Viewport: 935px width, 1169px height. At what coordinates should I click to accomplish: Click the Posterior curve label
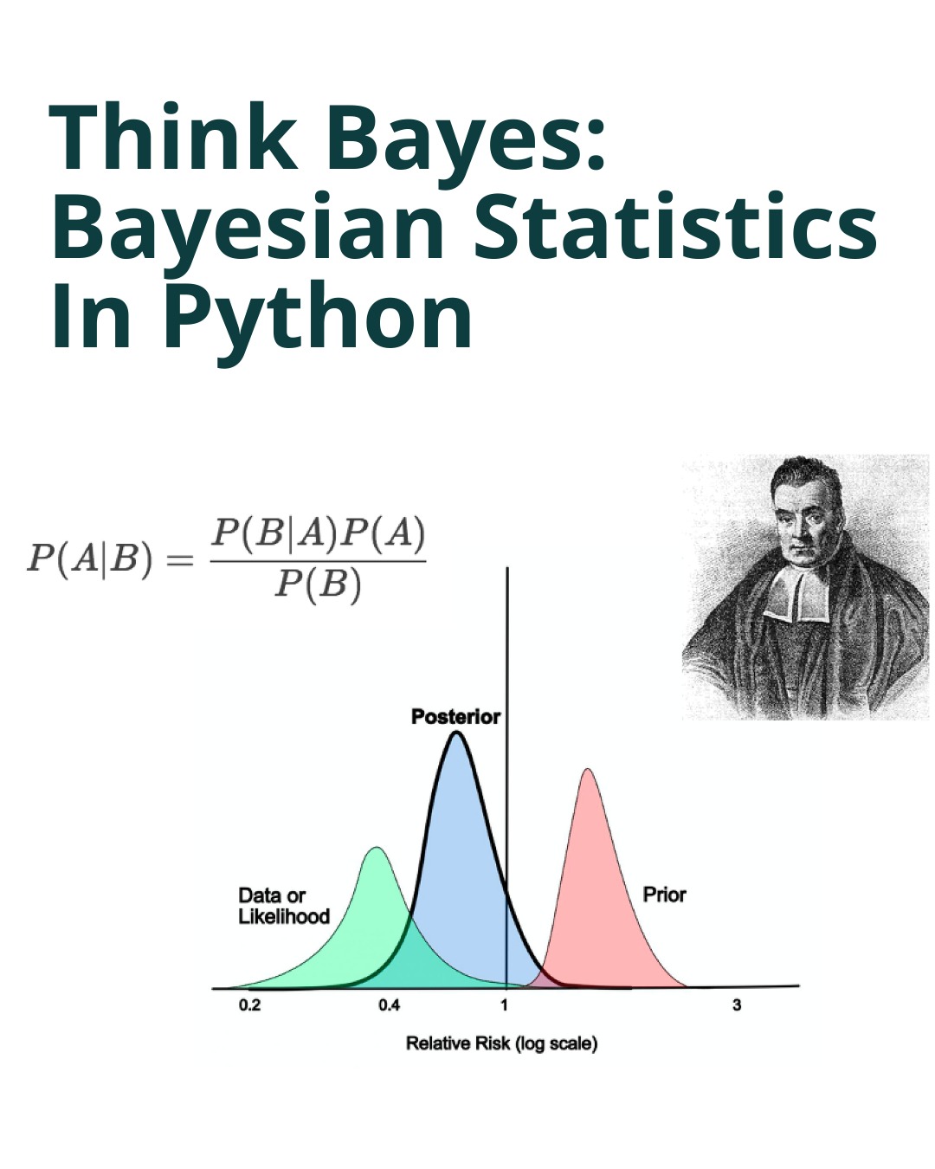point(455,717)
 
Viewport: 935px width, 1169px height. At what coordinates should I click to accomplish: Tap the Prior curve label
point(664,895)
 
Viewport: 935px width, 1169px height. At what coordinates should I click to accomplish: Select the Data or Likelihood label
point(283,906)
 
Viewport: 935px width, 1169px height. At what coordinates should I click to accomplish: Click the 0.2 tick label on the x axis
point(249,1005)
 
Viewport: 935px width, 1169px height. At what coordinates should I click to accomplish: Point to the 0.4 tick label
point(390,1005)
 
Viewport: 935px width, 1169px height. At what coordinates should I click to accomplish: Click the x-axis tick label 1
point(504,1005)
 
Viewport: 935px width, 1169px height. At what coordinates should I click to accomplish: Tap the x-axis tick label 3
point(737,1005)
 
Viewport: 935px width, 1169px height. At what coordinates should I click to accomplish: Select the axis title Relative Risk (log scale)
point(501,1043)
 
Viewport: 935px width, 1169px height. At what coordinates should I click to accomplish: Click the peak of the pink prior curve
point(589,770)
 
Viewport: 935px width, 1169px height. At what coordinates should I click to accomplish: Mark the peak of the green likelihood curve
point(377,849)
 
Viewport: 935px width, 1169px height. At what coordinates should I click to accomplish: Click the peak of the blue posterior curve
point(456,734)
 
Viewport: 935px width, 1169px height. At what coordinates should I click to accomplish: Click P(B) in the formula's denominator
point(318,586)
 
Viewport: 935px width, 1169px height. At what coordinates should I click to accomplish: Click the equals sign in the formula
point(179,560)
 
